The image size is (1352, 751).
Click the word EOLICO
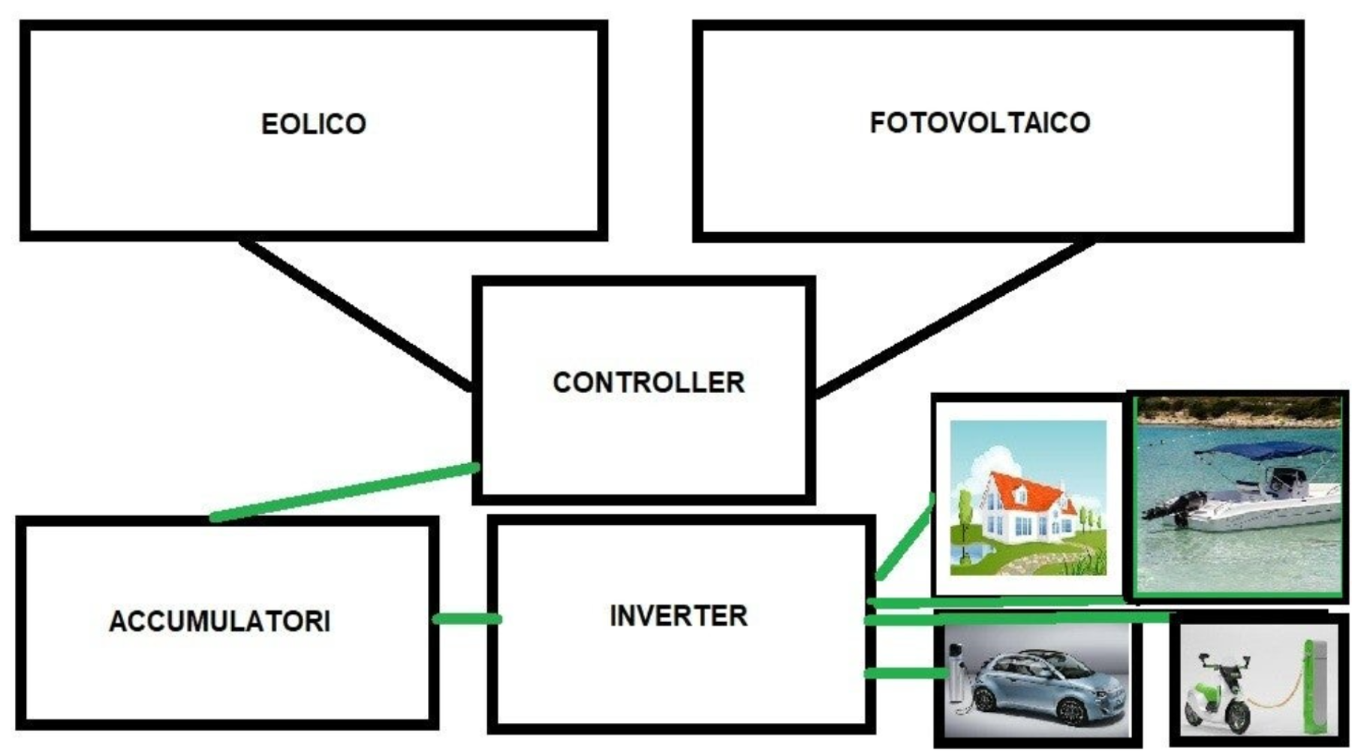[x=314, y=124]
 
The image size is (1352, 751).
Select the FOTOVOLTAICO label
[x=980, y=122]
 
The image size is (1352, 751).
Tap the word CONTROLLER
[x=649, y=382]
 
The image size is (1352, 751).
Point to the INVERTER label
[x=679, y=616]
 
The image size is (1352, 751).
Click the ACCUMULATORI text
[x=219, y=621]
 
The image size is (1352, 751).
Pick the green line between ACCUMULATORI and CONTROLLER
[x=345, y=491]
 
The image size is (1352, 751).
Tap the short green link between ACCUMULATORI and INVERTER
[x=467, y=619]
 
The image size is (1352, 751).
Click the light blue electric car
[x=1051, y=687]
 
